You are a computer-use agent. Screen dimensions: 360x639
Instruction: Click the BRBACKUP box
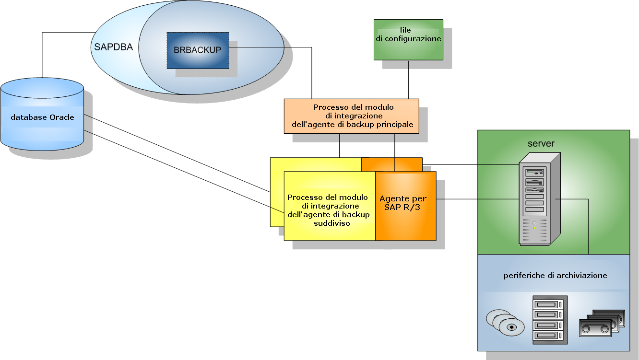click(198, 50)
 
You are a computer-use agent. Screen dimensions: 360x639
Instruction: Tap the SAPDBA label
click(114, 47)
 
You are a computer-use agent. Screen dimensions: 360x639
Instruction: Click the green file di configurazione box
click(408, 39)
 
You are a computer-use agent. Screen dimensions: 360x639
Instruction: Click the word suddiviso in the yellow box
click(328, 223)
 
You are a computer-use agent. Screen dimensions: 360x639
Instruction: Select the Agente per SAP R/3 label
click(403, 203)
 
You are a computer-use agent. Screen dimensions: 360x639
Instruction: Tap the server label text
click(541, 143)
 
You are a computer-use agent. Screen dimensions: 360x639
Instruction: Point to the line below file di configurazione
click(408, 79)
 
